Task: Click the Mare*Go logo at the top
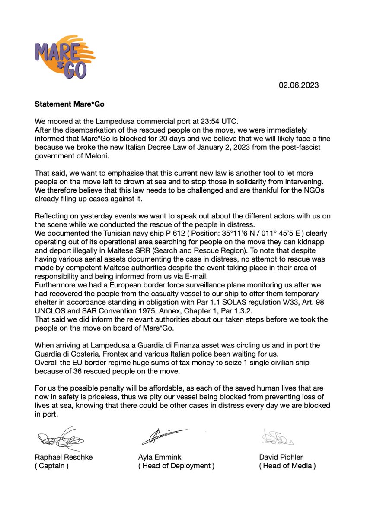(x=64, y=56)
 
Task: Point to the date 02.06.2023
(x=298, y=85)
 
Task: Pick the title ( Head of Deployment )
(x=176, y=466)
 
